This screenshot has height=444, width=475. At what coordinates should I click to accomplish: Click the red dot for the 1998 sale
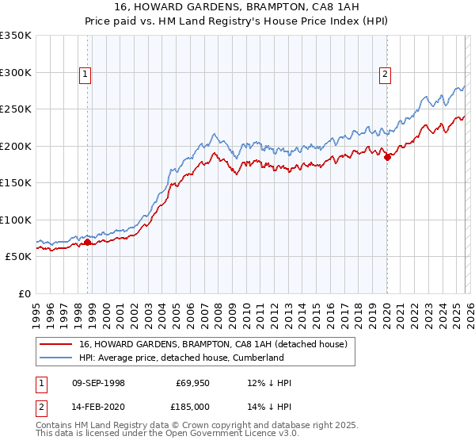coord(88,242)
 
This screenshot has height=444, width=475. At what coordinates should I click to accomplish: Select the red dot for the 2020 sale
coord(388,157)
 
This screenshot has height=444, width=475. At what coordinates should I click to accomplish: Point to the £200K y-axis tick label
coord(15,146)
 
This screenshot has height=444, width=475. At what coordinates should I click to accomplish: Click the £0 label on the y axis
coord(23,293)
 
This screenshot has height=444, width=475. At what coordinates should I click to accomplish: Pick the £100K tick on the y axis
coord(15,220)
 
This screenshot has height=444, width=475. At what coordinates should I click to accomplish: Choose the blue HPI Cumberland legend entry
coord(180,358)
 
